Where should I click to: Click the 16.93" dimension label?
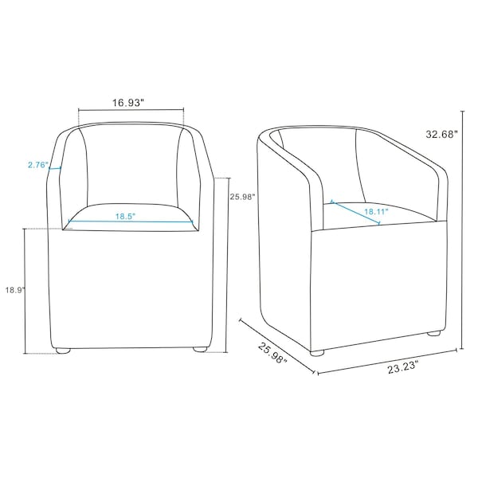(x=128, y=103)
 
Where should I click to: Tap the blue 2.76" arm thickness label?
(x=38, y=165)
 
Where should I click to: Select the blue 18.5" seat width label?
(x=125, y=217)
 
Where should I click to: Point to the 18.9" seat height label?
(x=14, y=290)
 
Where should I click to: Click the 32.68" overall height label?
(x=441, y=134)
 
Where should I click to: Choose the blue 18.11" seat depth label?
(x=377, y=211)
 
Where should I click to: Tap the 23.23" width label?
(x=402, y=369)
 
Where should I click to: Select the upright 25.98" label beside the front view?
(x=242, y=197)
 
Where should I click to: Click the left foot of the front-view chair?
(x=63, y=351)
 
